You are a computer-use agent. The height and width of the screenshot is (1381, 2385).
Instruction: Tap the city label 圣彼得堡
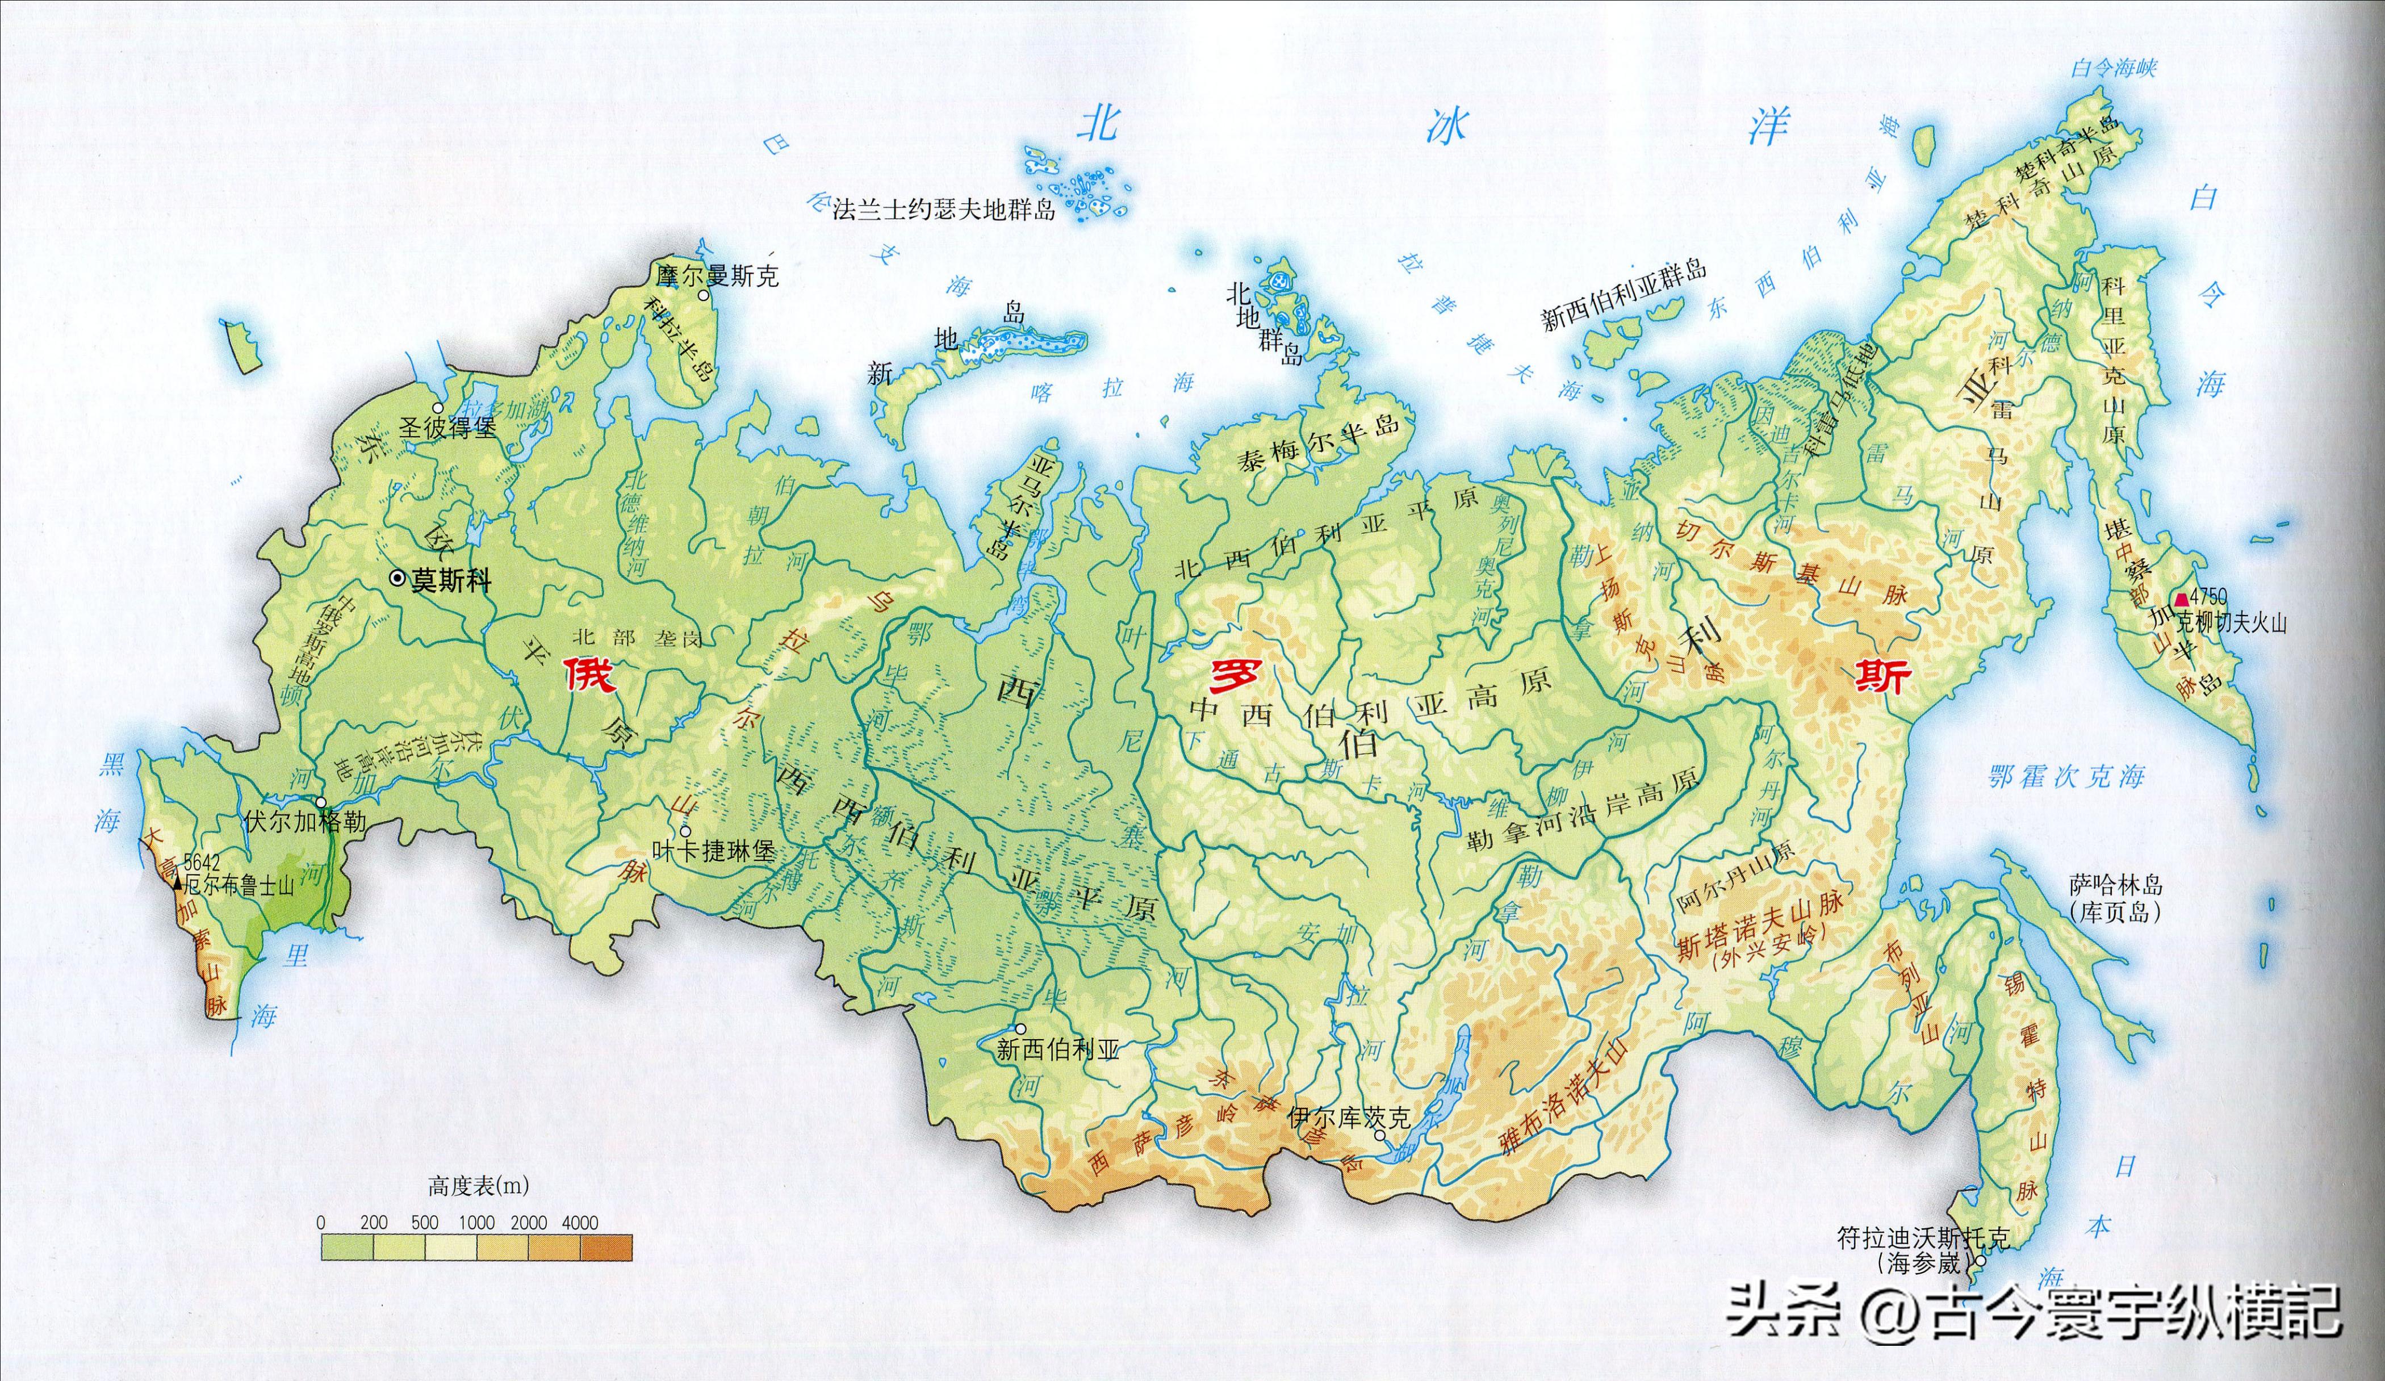(447, 429)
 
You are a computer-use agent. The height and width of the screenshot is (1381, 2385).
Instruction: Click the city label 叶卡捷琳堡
(725, 852)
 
